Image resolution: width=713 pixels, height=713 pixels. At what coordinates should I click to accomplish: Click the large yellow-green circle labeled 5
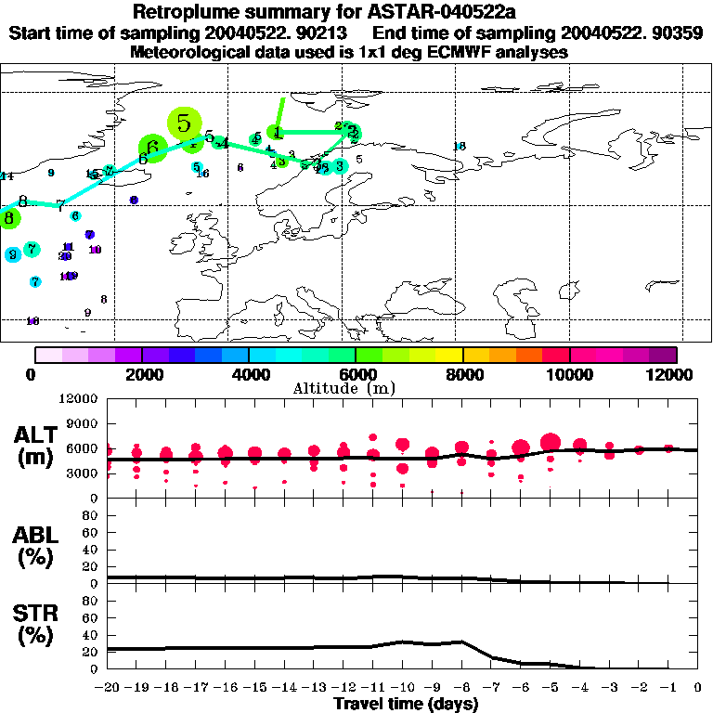click(185, 123)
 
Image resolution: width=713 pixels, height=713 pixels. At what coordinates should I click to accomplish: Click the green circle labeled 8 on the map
click(9, 219)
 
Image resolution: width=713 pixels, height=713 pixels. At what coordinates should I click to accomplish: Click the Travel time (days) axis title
click(406, 704)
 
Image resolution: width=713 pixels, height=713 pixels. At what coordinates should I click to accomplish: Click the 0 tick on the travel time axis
click(697, 688)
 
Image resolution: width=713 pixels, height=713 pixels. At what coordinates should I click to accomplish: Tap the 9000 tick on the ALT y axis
click(83, 423)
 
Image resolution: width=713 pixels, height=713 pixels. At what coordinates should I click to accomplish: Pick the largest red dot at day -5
click(550, 442)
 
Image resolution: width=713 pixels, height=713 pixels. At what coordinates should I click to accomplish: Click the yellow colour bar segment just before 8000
click(450, 355)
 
